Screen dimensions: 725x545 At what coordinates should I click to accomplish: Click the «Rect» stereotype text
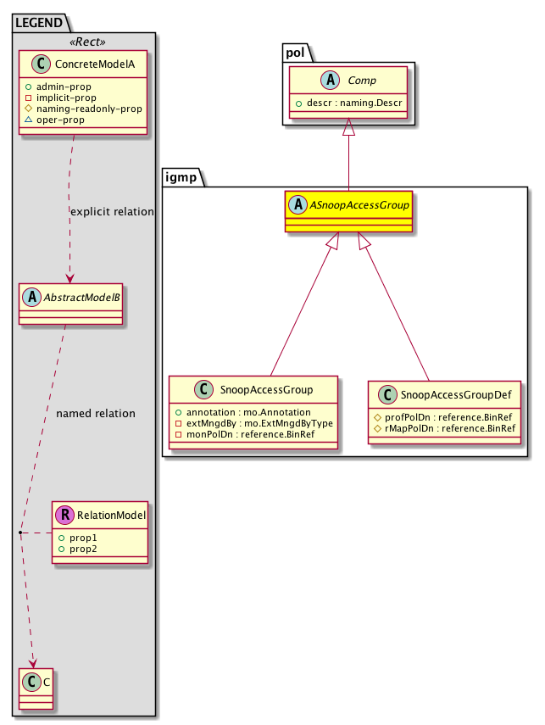[83, 41]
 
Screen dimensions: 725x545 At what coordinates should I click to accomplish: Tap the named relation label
[95, 414]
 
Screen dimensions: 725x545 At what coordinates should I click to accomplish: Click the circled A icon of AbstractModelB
[30, 296]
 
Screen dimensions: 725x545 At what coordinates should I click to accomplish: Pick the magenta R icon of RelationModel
[64, 513]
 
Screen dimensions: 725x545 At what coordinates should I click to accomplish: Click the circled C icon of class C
[30, 679]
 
